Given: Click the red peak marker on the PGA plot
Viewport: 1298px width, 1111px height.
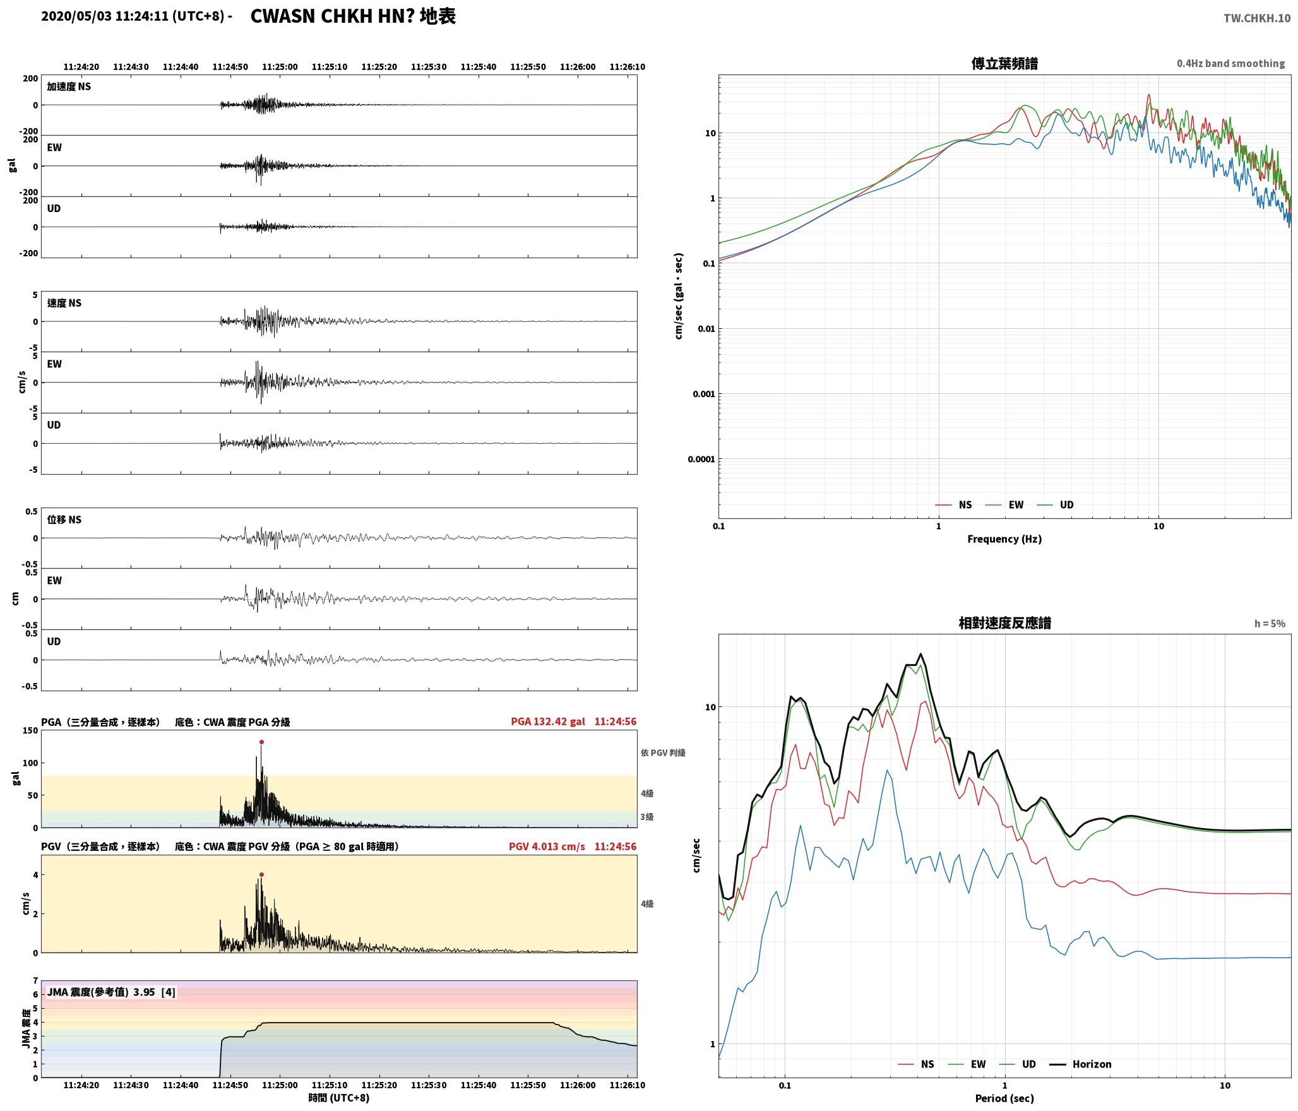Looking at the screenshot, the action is [x=261, y=742].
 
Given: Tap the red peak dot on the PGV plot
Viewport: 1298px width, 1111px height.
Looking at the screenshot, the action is [x=261, y=875].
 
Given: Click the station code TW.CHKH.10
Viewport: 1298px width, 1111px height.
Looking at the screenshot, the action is [x=1257, y=18].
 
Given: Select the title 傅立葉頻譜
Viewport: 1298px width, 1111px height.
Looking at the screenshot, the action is [x=1004, y=64].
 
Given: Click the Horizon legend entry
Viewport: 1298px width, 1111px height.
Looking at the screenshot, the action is [x=1080, y=1064].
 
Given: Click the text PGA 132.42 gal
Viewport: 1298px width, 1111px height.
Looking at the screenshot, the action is [x=548, y=722].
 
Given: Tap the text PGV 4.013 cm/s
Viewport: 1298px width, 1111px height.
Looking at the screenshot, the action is [x=547, y=847].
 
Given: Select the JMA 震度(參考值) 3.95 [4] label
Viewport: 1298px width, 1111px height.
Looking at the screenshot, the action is [x=111, y=992].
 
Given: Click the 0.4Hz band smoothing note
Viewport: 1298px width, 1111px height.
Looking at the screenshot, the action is [x=1230, y=64].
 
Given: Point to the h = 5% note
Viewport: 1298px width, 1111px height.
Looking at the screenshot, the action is [x=1270, y=624].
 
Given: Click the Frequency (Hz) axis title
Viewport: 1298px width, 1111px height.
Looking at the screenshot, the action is [x=1004, y=539].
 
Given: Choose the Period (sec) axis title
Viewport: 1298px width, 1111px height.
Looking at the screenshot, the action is [x=1004, y=1098].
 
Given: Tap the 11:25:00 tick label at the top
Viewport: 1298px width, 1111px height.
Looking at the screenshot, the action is [x=280, y=67].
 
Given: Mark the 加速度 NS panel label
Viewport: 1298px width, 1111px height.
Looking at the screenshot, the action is [x=69, y=86].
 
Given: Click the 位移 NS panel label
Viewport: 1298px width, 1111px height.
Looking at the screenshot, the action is [x=64, y=520].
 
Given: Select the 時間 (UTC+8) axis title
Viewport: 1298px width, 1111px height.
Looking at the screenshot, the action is [x=339, y=1098].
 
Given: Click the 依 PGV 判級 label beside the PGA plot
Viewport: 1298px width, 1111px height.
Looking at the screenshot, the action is [x=663, y=753].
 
